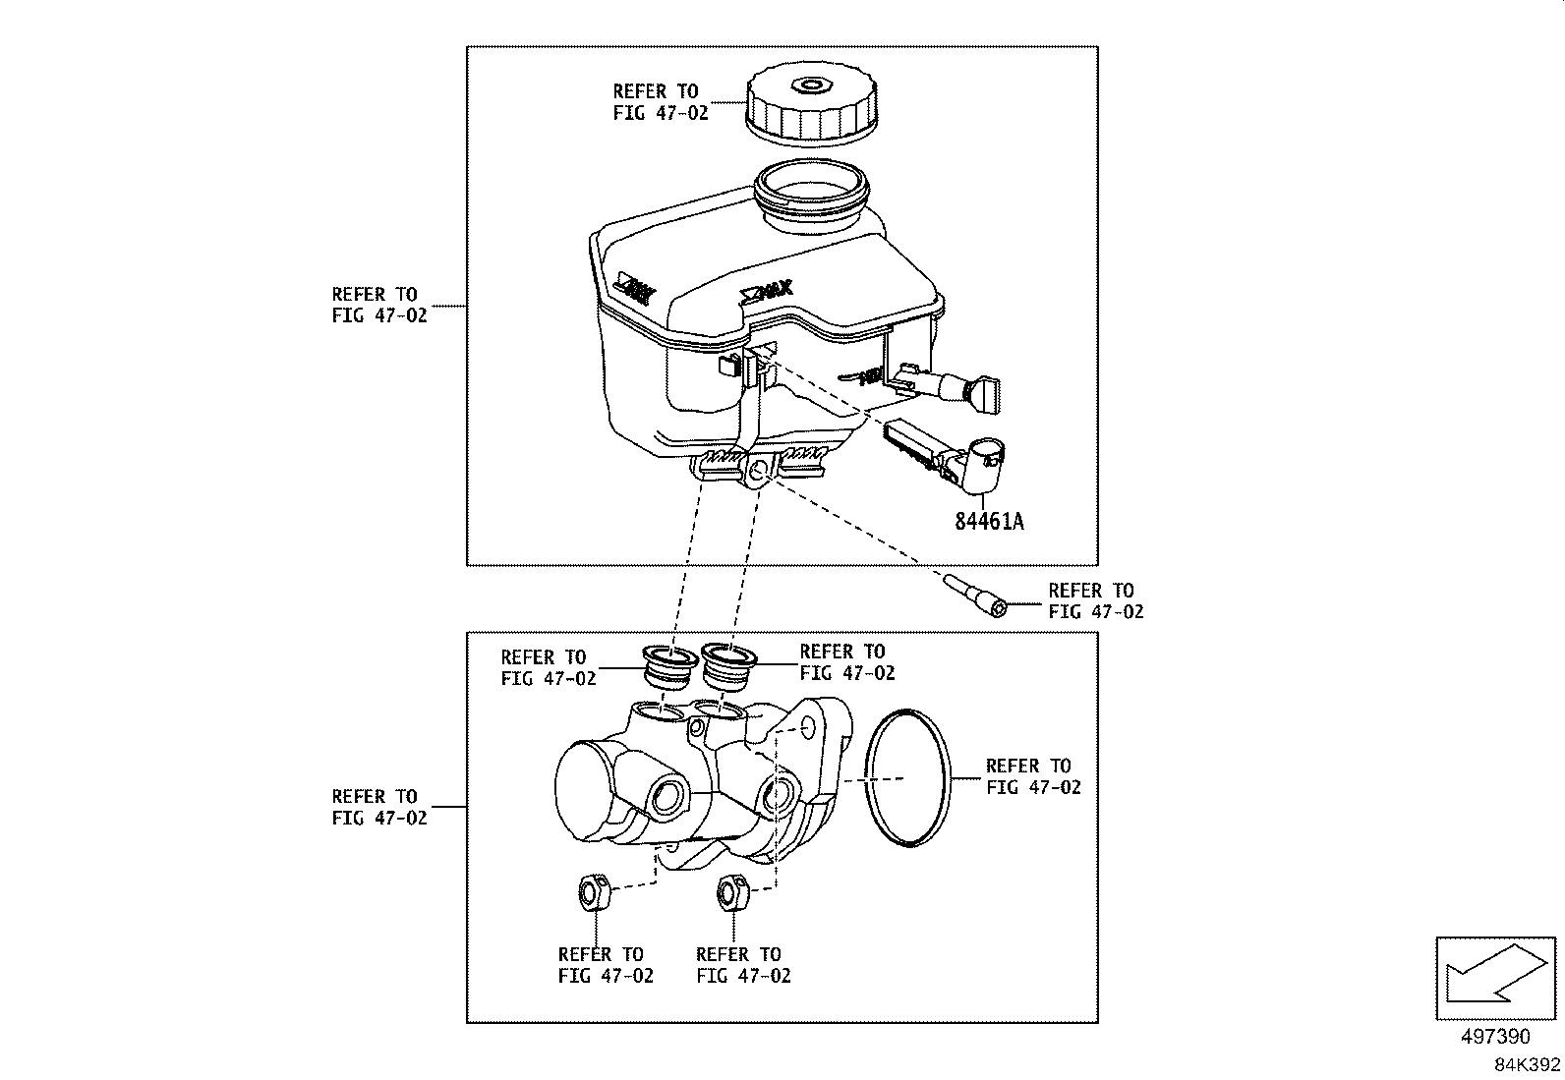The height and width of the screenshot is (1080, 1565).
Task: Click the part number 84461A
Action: [988, 521]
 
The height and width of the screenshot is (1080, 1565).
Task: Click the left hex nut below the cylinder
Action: [592, 892]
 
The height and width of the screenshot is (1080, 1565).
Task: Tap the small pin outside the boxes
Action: [976, 597]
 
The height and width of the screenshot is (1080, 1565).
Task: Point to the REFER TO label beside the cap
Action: [660, 102]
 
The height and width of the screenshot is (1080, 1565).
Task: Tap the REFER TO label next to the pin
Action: [1095, 600]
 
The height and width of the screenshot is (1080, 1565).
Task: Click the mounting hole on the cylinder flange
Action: [808, 727]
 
